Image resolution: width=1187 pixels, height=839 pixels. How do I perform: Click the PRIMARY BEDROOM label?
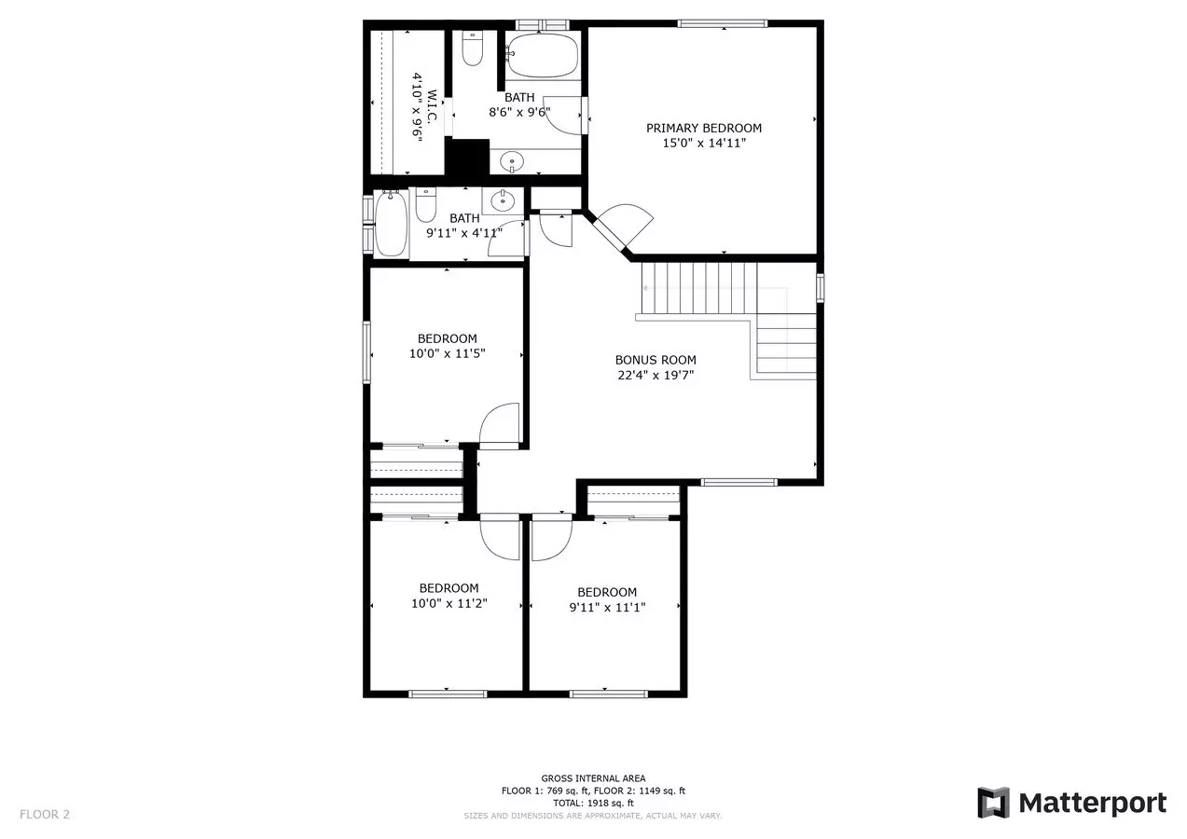click(x=704, y=128)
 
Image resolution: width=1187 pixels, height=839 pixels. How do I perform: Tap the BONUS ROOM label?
click(x=656, y=360)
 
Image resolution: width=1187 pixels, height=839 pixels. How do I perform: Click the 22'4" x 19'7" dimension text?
click(x=656, y=375)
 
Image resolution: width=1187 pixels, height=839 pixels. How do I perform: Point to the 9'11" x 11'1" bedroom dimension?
click(x=607, y=607)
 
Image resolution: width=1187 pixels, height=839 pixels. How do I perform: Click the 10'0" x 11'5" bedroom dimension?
click(x=448, y=353)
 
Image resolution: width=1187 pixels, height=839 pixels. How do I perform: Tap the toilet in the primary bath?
click(x=472, y=48)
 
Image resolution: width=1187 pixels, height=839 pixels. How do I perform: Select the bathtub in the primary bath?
click(x=543, y=56)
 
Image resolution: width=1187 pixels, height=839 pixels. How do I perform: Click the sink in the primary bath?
click(x=512, y=161)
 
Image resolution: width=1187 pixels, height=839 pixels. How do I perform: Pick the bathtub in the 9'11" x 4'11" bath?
click(x=391, y=224)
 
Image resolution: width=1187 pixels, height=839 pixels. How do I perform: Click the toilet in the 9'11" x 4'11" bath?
click(x=425, y=204)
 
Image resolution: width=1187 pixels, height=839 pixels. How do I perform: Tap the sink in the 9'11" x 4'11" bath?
click(x=502, y=200)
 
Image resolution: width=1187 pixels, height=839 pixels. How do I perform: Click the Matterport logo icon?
click(x=993, y=803)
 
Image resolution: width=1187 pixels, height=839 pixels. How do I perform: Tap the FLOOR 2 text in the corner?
click(x=45, y=815)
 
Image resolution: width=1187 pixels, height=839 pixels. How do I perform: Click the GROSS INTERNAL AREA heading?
click(x=593, y=778)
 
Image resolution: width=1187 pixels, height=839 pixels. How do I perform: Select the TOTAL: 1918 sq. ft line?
click(x=593, y=803)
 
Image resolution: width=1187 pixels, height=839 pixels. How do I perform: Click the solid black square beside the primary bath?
click(x=467, y=157)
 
